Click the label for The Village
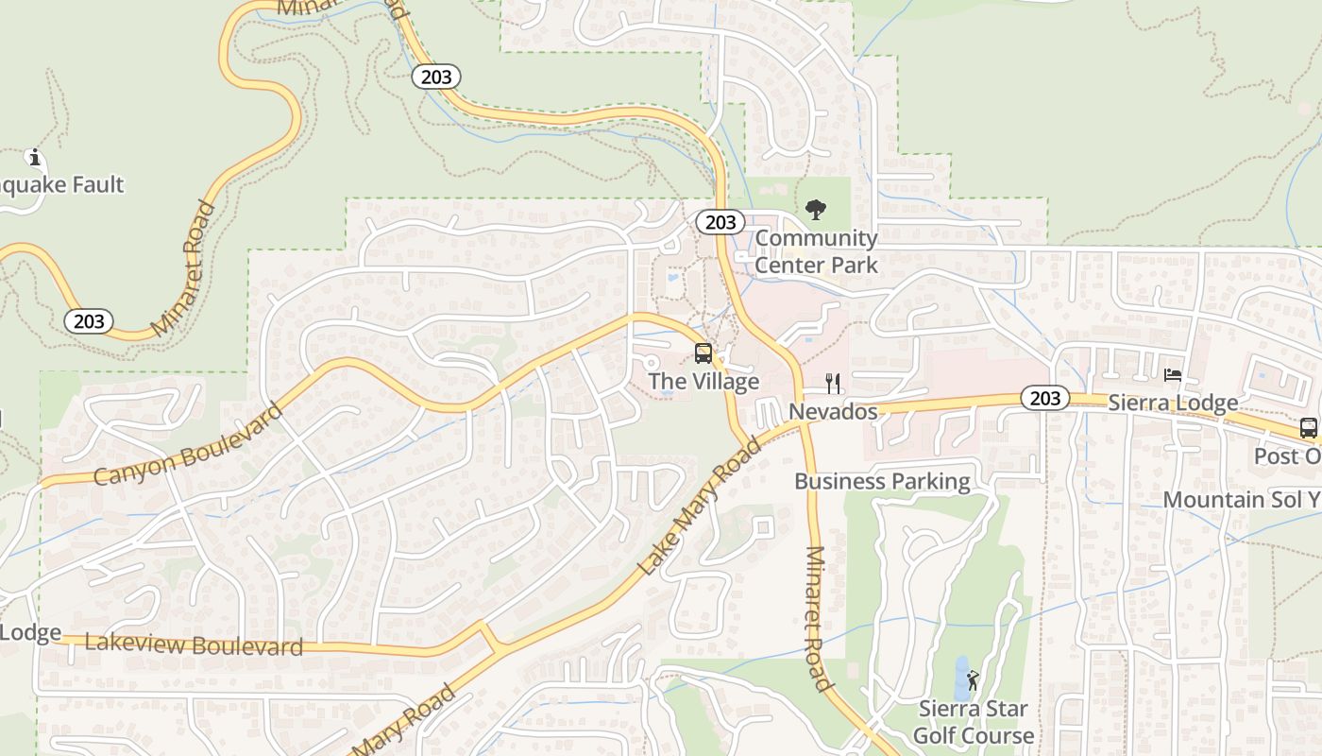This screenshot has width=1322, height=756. point(703,382)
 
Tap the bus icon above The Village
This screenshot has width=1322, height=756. point(703,353)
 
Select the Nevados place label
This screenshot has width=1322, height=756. point(833,412)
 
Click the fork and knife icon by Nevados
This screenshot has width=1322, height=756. point(833,383)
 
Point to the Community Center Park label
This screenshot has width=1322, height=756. point(816,251)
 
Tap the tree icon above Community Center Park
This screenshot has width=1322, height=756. point(816,210)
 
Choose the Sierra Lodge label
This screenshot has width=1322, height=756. point(1173,404)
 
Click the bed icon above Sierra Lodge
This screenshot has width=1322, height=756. point(1173,375)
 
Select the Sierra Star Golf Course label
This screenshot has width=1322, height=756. point(973,722)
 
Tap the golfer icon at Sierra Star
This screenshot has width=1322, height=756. point(973,679)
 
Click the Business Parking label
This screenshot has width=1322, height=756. point(882,481)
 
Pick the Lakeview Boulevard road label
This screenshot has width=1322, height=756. point(194,644)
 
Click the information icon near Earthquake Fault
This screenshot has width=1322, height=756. point(35,157)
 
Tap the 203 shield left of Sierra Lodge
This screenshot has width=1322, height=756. point(1045,399)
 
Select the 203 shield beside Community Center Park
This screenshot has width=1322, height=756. point(720,222)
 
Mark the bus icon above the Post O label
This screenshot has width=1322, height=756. point(1309,428)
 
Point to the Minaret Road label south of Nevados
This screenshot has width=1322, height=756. point(817,619)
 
